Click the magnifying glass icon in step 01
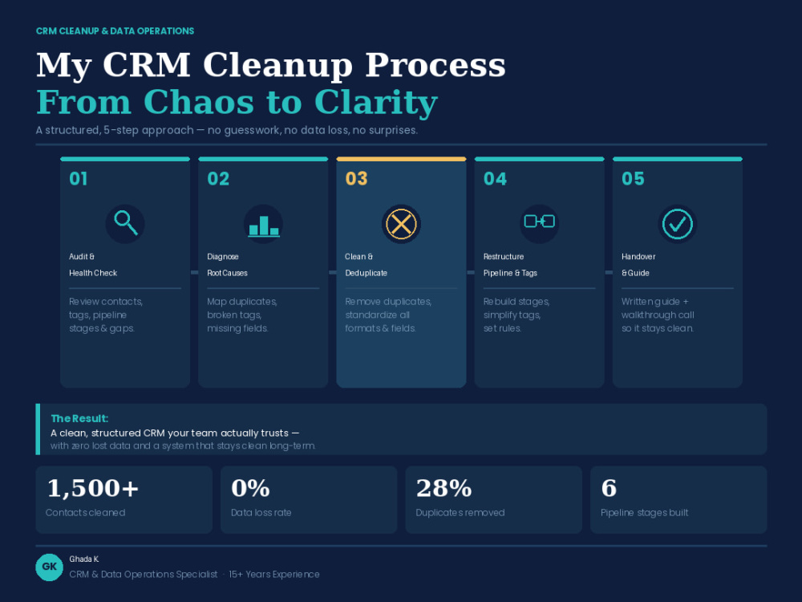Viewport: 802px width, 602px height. pos(125,223)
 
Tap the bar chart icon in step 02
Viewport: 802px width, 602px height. pos(263,226)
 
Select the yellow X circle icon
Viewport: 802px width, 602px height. pos(401,224)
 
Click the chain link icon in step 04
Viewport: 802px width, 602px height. pos(539,222)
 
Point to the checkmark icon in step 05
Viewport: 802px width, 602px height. pos(677,224)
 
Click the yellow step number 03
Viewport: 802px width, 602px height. pos(357,179)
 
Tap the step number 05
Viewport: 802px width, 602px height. pos(633,179)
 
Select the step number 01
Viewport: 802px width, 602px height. pos(79,179)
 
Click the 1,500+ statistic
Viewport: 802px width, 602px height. pos(92,488)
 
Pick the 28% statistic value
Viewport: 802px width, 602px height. pos(444,488)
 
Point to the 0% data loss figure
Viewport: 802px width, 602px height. pos(250,488)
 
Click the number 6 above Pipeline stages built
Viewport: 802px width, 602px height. pos(609,488)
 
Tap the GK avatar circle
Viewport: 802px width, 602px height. pos(50,567)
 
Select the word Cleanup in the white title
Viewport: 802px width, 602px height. pos(277,66)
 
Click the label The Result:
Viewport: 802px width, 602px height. pos(79,418)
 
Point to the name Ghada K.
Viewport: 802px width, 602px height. pos(84,559)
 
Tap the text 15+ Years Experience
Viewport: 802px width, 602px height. pos(274,575)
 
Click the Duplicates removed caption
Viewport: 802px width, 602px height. pos(460,512)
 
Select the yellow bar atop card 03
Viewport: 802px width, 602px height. pos(402,159)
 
